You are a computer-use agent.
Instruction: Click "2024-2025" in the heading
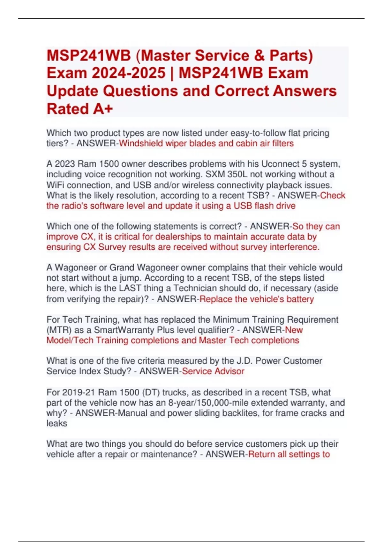(129, 73)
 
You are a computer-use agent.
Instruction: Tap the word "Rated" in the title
(68, 109)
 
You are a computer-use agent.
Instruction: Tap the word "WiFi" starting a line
(56, 185)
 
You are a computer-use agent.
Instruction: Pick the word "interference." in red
(295, 247)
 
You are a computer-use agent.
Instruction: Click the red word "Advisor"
(229, 371)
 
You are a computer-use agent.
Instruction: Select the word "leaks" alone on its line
(57, 423)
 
